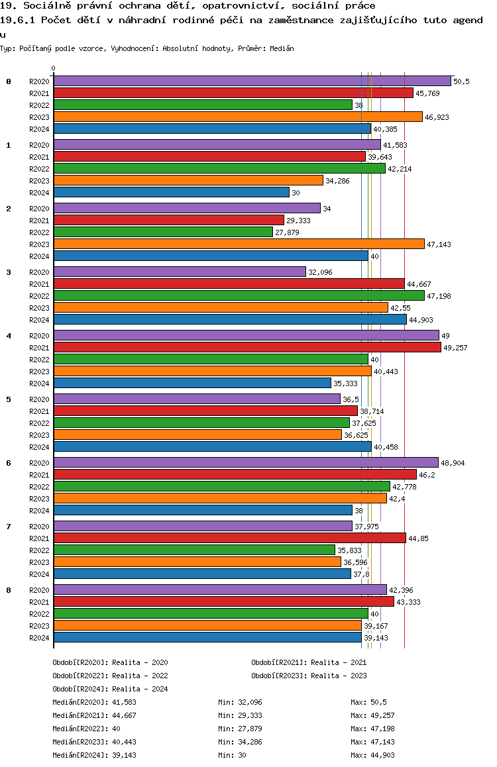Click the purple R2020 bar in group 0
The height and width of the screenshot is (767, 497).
(x=252, y=81)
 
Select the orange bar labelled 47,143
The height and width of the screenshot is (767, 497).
(x=239, y=244)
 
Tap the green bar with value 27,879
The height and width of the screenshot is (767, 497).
(x=163, y=232)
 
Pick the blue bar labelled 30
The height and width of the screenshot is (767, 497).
(x=171, y=192)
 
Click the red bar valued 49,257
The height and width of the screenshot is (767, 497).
(x=247, y=347)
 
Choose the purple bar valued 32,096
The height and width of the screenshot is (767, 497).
(x=180, y=272)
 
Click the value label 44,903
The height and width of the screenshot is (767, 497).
(x=421, y=320)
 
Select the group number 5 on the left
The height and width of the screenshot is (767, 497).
(x=9, y=399)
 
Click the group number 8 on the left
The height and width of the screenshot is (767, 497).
(x=9, y=590)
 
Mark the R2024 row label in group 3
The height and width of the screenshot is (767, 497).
(x=39, y=320)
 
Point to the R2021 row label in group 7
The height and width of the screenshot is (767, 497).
(x=39, y=538)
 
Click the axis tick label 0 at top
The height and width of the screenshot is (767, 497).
(x=54, y=68)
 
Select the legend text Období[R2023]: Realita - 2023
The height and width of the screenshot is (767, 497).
(x=309, y=676)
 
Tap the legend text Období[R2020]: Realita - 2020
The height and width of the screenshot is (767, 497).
(x=110, y=662)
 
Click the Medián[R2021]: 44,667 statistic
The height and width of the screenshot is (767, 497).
(x=95, y=715)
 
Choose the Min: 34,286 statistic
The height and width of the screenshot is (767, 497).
(x=240, y=742)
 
